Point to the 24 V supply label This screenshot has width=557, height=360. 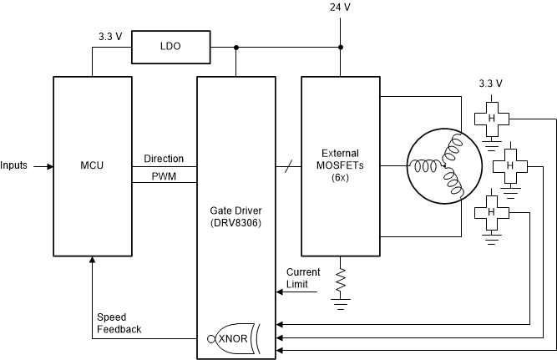pyautogui.click(x=340, y=8)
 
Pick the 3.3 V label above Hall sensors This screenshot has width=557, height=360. pyautogui.click(x=490, y=83)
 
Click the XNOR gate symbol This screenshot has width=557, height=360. pyautogui.click(x=235, y=338)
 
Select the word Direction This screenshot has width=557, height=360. pyautogui.click(x=164, y=159)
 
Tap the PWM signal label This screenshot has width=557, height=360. pyautogui.click(x=164, y=176)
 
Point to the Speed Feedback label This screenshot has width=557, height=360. pyautogui.click(x=119, y=323)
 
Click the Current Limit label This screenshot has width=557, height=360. pyautogui.click(x=302, y=278)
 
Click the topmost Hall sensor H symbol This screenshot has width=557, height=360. pyautogui.click(x=491, y=119)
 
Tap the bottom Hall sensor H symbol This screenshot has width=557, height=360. pyautogui.click(x=491, y=212)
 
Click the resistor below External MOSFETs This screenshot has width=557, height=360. pyautogui.click(x=340, y=281)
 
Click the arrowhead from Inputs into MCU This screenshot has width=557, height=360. pyautogui.click(x=49, y=165)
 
